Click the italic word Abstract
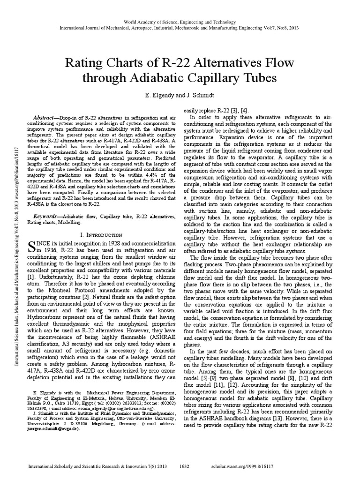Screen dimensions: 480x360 coord(46,117)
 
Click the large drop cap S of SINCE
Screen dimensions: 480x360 coord(33,247)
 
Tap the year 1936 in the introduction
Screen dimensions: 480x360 coord(54,252)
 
